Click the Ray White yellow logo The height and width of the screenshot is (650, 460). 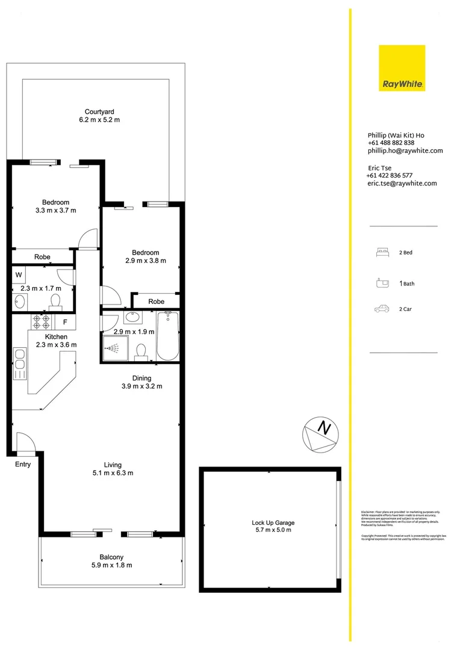[x=402, y=68]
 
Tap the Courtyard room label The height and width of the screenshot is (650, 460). [x=99, y=111]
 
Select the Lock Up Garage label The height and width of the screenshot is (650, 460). [x=273, y=523]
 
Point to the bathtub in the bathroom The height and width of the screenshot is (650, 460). [x=167, y=335]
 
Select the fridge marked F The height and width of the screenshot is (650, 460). [x=64, y=321]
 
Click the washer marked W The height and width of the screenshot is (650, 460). [x=19, y=276]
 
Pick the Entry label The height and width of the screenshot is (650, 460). [x=22, y=464]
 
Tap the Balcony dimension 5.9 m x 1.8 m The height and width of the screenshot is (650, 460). [x=111, y=565]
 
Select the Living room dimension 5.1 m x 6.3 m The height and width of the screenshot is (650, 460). [x=113, y=473]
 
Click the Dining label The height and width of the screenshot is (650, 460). [x=142, y=378]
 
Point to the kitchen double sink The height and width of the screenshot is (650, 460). [x=19, y=364]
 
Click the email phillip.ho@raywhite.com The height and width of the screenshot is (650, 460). [x=405, y=151]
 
